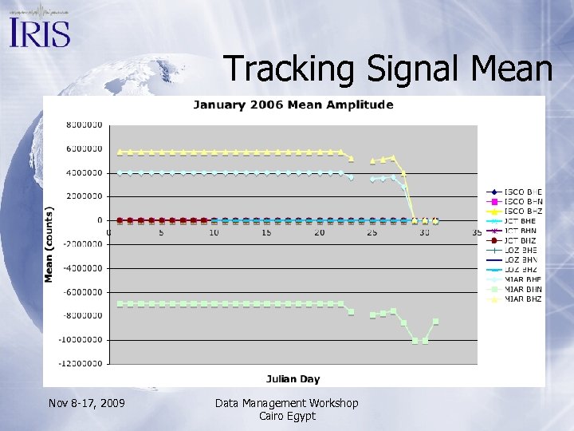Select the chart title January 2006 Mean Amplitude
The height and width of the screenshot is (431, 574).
click(293, 105)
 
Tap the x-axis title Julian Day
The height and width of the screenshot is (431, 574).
click(293, 378)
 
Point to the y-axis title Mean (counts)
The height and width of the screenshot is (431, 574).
click(49, 244)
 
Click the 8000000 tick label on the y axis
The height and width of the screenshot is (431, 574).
click(83, 125)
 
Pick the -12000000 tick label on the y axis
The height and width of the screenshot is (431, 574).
click(81, 363)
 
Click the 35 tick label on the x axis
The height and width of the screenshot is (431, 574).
click(477, 233)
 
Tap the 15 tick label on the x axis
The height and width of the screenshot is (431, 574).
click(266, 233)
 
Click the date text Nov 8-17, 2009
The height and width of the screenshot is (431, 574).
click(86, 403)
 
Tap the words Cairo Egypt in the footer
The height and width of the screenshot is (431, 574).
click(287, 416)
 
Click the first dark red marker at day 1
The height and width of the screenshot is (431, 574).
click(120, 219)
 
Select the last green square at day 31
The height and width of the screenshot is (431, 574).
click(435, 322)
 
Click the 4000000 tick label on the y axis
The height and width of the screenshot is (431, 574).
click(83, 172)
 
